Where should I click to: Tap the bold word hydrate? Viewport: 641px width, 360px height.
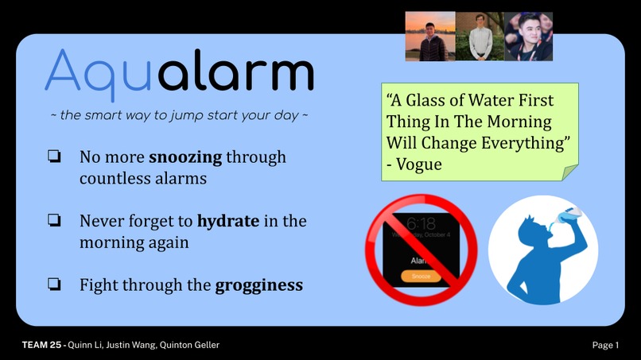(x=228, y=221)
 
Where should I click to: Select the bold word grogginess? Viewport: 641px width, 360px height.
(x=259, y=285)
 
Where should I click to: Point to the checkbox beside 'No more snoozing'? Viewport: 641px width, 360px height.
(x=54, y=157)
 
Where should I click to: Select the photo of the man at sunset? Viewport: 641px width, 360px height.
(x=430, y=37)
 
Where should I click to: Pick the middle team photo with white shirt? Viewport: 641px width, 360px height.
(x=480, y=37)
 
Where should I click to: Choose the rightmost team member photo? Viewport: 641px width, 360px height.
(x=529, y=37)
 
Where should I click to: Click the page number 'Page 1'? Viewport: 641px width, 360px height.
(x=605, y=345)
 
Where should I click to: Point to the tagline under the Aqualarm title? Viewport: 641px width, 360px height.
(x=179, y=115)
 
